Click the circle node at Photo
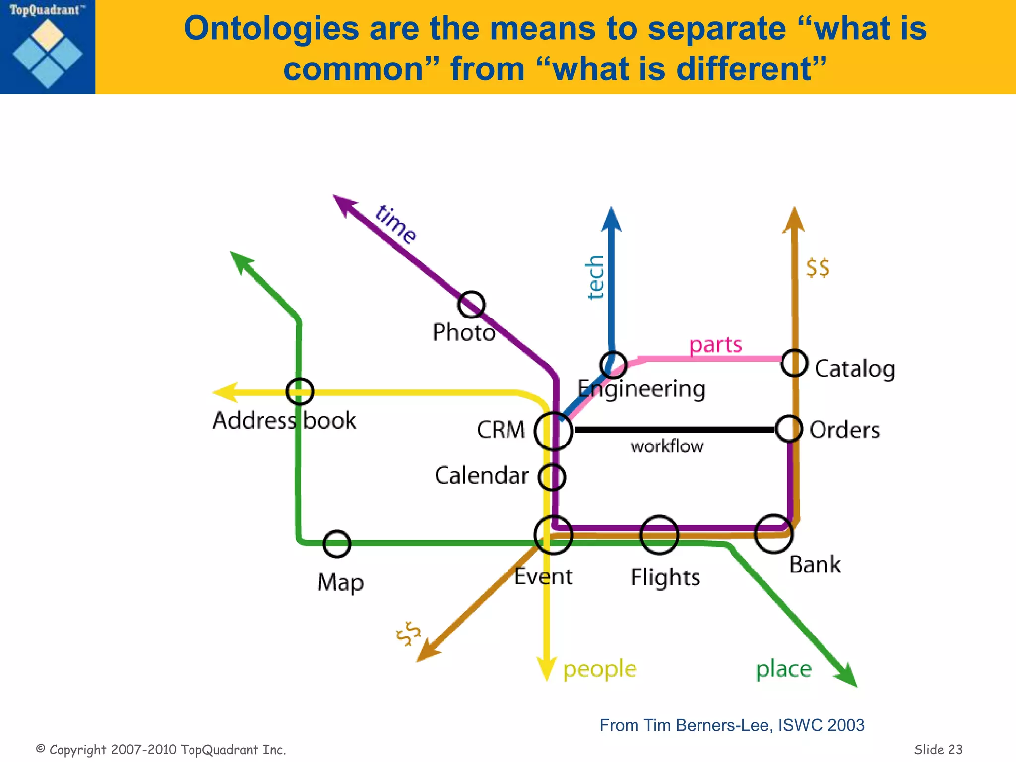point(471,305)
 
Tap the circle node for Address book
point(300,391)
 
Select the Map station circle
point(337,544)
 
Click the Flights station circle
point(659,535)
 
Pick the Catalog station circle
point(794,363)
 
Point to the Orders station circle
point(789,429)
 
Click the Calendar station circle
point(552,477)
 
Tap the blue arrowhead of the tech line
point(611,220)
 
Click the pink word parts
point(715,345)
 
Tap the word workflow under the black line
point(667,446)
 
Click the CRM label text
point(501,430)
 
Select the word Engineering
point(642,389)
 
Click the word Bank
point(815,565)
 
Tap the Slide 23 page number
point(938,749)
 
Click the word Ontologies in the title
point(271,28)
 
